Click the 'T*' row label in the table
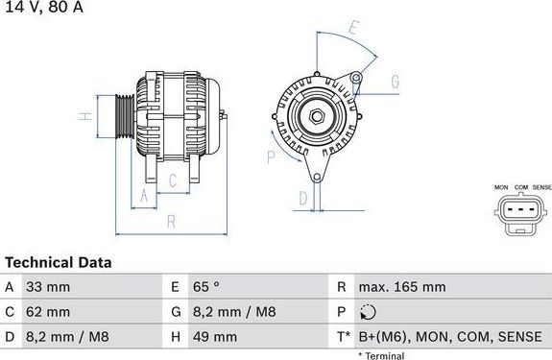click(344, 337)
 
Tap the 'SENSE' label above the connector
click(542, 186)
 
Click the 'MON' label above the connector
click(500, 186)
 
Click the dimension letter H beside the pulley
click(84, 116)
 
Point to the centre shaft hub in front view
click(316, 117)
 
